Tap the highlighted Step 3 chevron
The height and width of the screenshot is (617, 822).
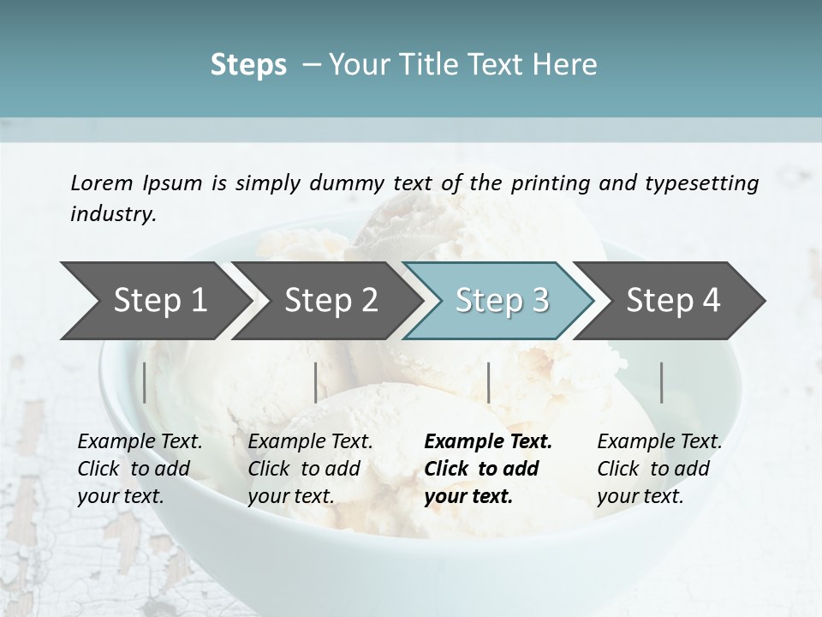pyautogui.click(x=502, y=301)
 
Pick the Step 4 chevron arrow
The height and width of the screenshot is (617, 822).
pyautogui.click(x=673, y=301)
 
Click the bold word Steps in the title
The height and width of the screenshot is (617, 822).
pyautogui.click(x=248, y=64)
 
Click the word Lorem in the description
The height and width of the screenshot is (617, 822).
pyautogui.click(x=101, y=183)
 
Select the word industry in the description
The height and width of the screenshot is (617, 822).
pyautogui.click(x=112, y=214)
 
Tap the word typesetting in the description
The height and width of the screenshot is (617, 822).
pyautogui.click(x=701, y=183)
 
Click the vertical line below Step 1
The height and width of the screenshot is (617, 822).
pyautogui.click(x=145, y=382)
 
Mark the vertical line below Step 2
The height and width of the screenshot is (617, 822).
pyautogui.click(x=316, y=382)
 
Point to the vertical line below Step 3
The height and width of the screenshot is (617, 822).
pyautogui.click(x=488, y=382)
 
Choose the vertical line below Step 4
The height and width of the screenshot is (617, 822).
pyautogui.click(x=662, y=382)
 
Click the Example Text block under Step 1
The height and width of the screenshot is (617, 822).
pyautogui.click(x=140, y=469)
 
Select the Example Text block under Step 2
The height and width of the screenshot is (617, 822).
pyautogui.click(x=310, y=469)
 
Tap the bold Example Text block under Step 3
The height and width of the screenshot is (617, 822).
pyautogui.click(x=488, y=469)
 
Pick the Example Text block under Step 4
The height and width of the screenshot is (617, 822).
pyautogui.click(x=659, y=469)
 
